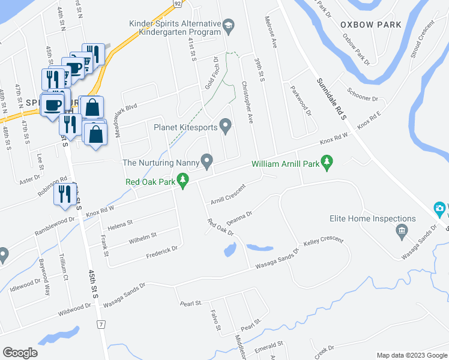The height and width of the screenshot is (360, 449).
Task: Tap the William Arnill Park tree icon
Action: pos(327,161)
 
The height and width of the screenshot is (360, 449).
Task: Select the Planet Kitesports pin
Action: pos(226,126)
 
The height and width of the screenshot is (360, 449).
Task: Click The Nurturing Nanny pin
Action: pos(207,161)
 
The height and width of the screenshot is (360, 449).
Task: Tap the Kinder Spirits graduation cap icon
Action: pos(228,26)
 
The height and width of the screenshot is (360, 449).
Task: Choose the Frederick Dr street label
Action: pos(162,252)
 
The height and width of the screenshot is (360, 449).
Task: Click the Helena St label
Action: pos(120,224)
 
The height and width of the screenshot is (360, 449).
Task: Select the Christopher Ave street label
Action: pos(248,103)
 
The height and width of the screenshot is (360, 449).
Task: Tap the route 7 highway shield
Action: pos(101,324)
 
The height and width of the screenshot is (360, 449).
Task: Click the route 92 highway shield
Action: pos(178,3)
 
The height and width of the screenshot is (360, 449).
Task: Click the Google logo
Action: pos(20,352)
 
